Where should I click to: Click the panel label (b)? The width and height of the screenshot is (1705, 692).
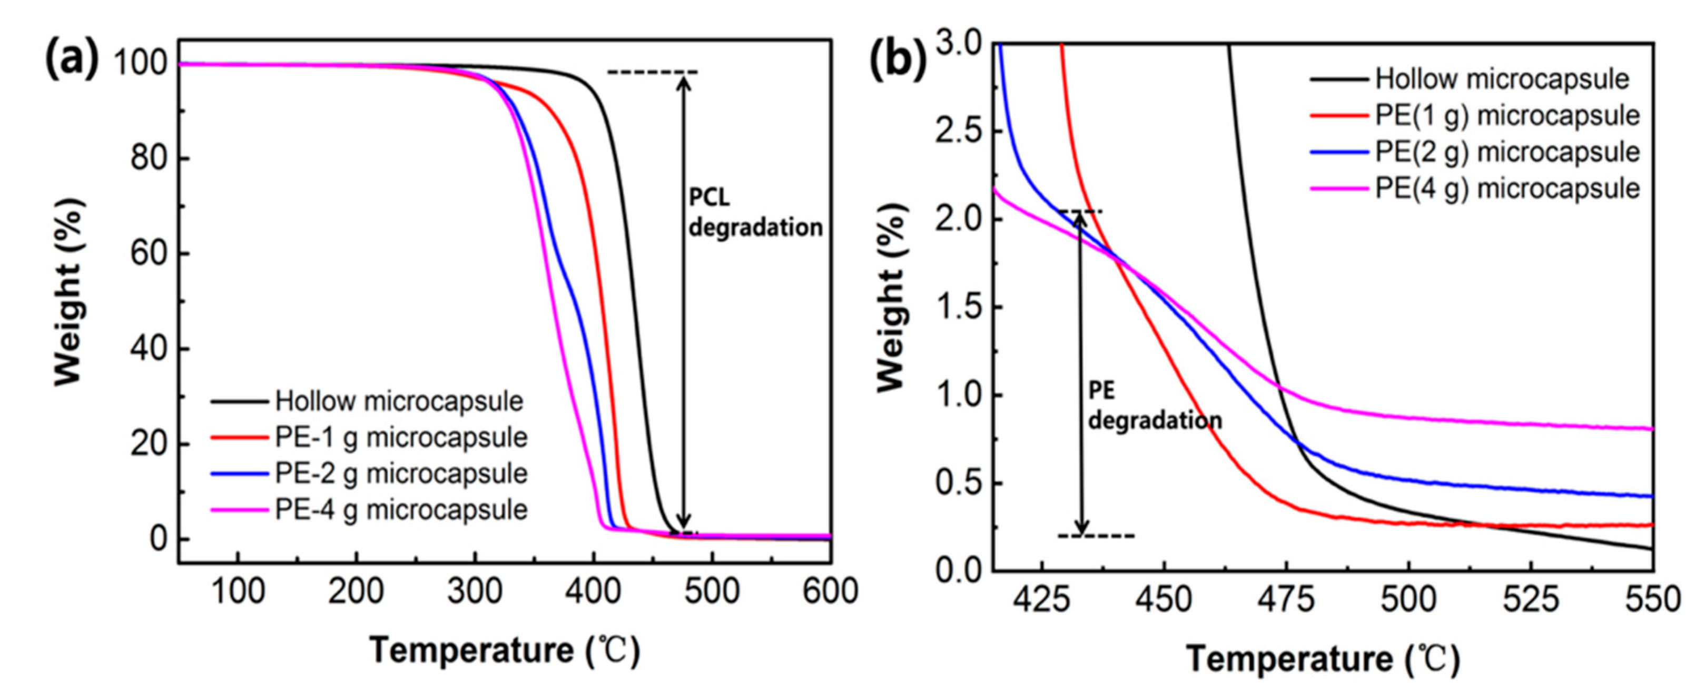[897, 61]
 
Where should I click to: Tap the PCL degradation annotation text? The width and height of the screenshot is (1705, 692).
[755, 213]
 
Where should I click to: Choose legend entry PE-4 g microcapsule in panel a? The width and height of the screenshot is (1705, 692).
[401, 510]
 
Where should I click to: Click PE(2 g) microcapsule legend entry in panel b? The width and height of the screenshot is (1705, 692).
[1506, 152]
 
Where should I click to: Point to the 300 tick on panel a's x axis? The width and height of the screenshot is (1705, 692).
[475, 591]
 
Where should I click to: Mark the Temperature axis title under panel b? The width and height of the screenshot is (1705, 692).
[1323, 659]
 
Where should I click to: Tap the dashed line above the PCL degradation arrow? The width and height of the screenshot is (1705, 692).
[652, 72]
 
